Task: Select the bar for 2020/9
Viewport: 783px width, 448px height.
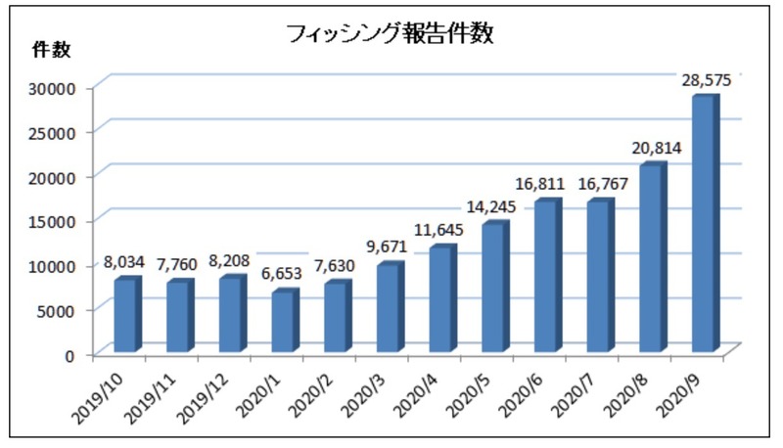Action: coord(704,224)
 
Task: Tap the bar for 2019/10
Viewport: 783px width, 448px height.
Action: coord(126,315)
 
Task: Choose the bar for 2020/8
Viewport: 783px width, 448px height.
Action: coord(651,258)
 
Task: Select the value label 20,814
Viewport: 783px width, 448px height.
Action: coord(651,149)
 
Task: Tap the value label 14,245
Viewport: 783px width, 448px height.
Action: coord(493,206)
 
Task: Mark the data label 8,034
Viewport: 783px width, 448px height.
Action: coord(125,262)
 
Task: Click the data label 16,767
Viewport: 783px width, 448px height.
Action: coord(598,184)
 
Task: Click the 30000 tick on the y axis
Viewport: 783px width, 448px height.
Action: coord(55,88)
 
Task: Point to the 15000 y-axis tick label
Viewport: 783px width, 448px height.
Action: coord(55,221)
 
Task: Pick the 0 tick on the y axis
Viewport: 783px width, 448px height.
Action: coord(69,354)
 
